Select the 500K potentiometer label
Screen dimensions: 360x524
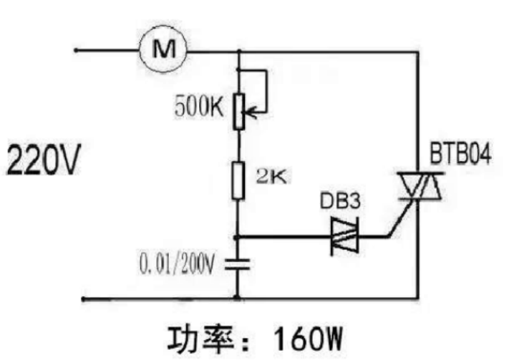tap(199, 109)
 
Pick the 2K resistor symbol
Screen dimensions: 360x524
tap(238, 180)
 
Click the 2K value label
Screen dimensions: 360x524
tap(270, 177)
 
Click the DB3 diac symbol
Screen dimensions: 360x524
tap(346, 236)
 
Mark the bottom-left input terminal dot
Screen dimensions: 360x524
tap(84, 298)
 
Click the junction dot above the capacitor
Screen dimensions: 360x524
tap(238, 236)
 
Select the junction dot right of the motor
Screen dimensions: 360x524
tap(238, 51)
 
